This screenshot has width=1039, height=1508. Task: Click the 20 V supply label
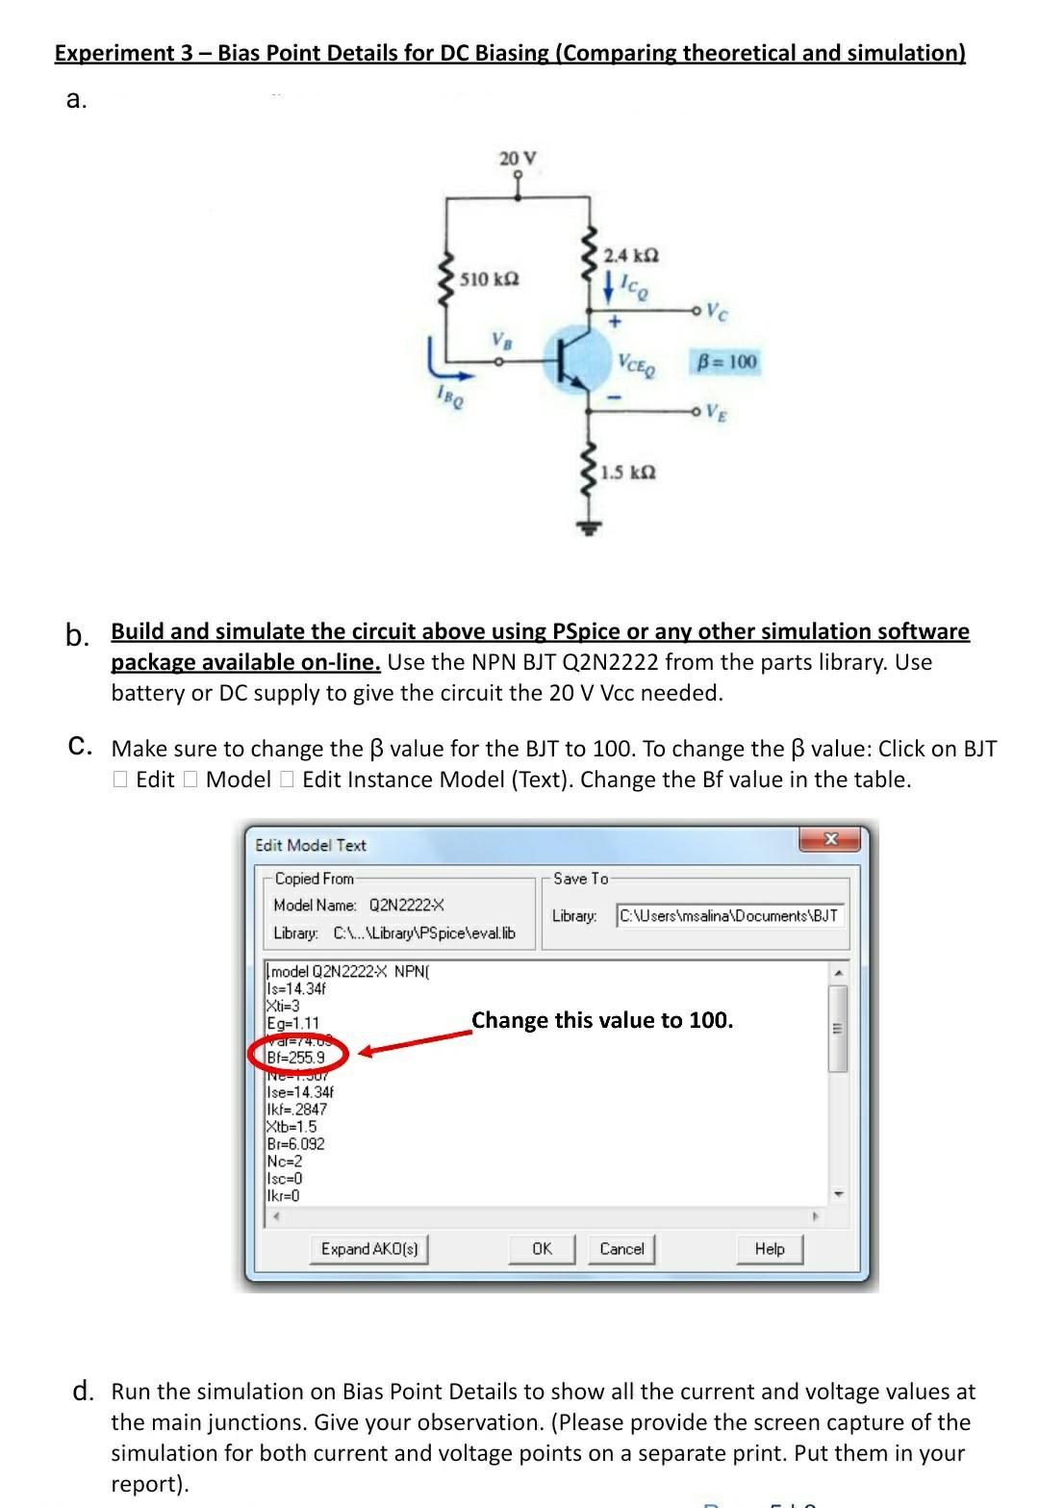click(x=518, y=158)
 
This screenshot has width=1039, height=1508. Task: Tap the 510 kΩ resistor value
click(x=490, y=279)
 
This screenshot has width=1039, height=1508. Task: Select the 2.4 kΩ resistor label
click(x=631, y=255)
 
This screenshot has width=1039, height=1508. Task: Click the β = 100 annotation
click(x=726, y=362)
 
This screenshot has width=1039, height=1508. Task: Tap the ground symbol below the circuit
click(x=590, y=526)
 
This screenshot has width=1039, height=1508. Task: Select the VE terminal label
click(x=716, y=413)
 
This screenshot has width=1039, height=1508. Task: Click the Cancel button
click(x=621, y=1249)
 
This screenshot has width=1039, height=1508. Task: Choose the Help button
click(x=769, y=1249)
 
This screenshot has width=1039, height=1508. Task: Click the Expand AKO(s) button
click(x=369, y=1249)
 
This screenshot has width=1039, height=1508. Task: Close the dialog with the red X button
click(x=831, y=840)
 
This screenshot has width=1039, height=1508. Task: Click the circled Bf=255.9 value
click(x=297, y=1057)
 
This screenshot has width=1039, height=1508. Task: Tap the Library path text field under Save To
click(x=729, y=915)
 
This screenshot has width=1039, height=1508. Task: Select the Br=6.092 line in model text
click(x=296, y=1144)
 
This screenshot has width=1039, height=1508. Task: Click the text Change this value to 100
click(x=602, y=1020)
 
